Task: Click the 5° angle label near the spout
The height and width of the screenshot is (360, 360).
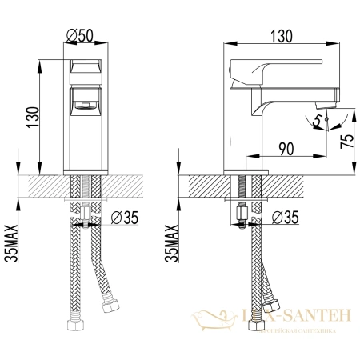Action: pos(318,122)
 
